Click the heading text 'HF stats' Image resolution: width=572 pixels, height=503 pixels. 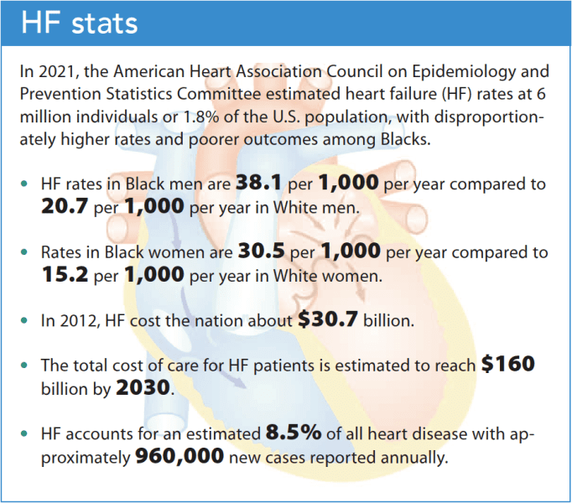(x=79, y=23)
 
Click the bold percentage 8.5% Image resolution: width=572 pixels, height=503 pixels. (x=294, y=433)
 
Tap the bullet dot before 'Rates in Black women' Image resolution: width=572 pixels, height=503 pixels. (x=29, y=252)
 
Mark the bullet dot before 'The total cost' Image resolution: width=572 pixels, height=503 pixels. (x=29, y=366)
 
